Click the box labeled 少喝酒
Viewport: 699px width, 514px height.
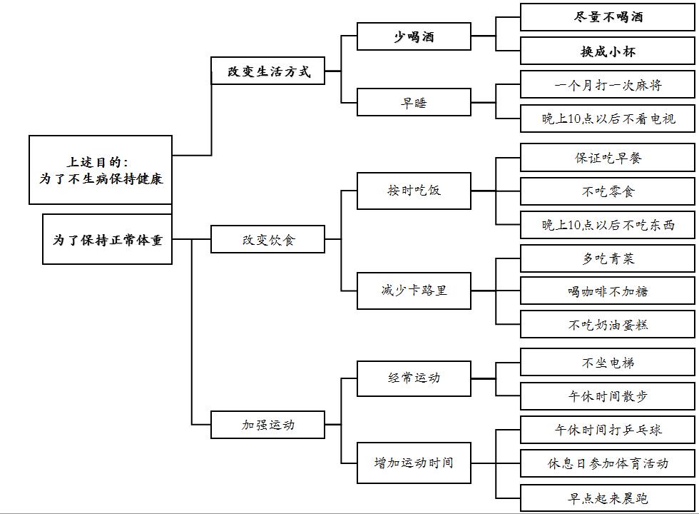tap(414, 36)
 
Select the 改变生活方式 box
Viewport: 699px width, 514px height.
tap(268, 71)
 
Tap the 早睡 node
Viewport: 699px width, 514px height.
tap(414, 102)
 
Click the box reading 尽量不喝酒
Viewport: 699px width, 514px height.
tap(607, 17)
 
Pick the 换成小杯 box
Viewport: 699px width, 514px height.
tap(607, 51)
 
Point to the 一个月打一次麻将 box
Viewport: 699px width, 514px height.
tap(607, 85)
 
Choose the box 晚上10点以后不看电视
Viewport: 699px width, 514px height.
tap(607, 119)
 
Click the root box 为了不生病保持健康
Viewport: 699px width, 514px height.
tap(101, 170)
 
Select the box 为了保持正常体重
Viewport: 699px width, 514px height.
tap(107, 240)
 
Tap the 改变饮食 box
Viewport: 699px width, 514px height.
tap(268, 240)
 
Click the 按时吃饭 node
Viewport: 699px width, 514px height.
tap(414, 191)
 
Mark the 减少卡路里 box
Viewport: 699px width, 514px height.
tap(414, 291)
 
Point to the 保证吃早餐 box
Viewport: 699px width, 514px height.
tap(607, 158)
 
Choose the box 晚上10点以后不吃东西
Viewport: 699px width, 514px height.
tap(607, 225)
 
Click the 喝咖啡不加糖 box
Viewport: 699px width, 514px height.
tap(607, 291)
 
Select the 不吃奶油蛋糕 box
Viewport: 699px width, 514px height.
tap(607, 325)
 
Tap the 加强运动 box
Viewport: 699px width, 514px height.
tap(268, 425)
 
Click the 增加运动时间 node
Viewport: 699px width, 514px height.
tap(414, 463)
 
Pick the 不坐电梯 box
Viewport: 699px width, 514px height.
tap(607, 363)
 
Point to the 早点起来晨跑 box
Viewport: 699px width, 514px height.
tap(607, 498)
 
